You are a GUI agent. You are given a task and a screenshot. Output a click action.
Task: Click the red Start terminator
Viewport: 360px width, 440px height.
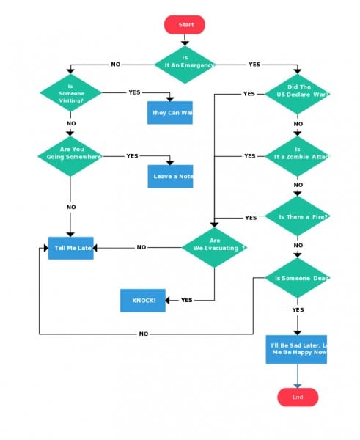pyautogui.click(x=185, y=25)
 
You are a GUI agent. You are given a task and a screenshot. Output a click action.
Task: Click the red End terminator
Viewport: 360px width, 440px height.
pyautogui.click(x=298, y=397)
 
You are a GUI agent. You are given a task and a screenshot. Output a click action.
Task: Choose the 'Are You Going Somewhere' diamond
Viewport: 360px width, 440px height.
pyautogui.click(x=70, y=156)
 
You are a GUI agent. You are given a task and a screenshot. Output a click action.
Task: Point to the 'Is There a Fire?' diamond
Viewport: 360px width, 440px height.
pyautogui.click(x=298, y=216)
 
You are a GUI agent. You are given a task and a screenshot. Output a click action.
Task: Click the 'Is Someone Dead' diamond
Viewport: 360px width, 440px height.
pyautogui.click(x=298, y=279)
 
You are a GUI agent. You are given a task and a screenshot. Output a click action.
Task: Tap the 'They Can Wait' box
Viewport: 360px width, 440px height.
pyautogui.click(x=169, y=113)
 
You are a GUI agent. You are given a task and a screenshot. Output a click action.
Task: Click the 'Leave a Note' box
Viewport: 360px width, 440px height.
pyautogui.click(x=170, y=176)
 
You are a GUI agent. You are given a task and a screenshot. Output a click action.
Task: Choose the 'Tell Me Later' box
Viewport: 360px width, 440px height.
pyautogui.click(x=70, y=248)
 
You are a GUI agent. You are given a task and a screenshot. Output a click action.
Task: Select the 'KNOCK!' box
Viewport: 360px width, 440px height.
pyautogui.click(x=143, y=300)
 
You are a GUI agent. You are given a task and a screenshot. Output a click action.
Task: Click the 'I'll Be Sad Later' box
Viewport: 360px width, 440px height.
pyautogui.click(x=296, y=349)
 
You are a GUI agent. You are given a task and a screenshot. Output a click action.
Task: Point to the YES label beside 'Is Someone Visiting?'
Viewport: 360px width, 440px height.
pyautogui.click(x=134, y=92)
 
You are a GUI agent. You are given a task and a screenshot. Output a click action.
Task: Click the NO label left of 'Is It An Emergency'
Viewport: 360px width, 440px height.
pyautogui.click(x=115, y=65)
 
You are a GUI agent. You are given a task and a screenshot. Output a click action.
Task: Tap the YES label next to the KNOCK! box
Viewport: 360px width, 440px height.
pyautogui.click(x=186, y=300)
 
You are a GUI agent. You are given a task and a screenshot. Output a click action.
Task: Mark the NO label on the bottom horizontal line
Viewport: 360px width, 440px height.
pyautogui.click(x=143, y=334)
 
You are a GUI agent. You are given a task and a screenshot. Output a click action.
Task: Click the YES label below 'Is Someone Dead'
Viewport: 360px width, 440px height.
pyautogui.click(x=298, y=310)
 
